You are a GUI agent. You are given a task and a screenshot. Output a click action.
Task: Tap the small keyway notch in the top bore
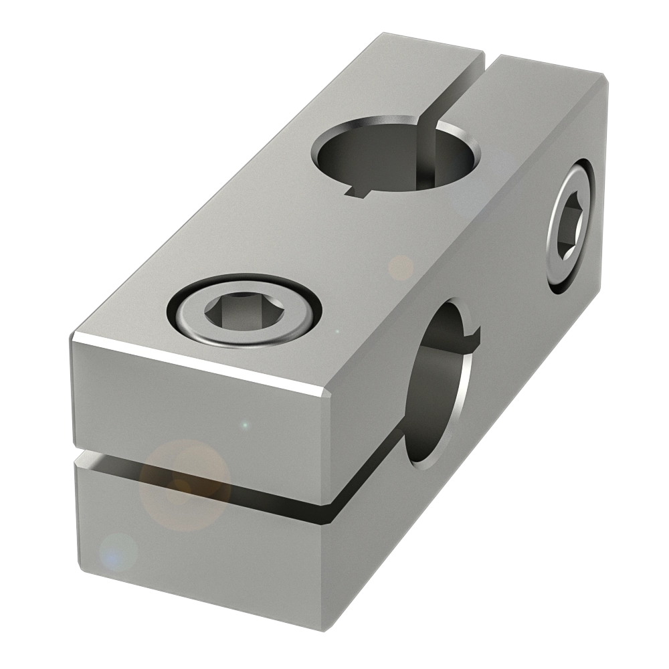[361, 193]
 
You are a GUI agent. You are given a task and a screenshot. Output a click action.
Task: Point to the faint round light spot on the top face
[401, 268]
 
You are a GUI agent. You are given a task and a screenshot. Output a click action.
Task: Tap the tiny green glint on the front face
[246, 424]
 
